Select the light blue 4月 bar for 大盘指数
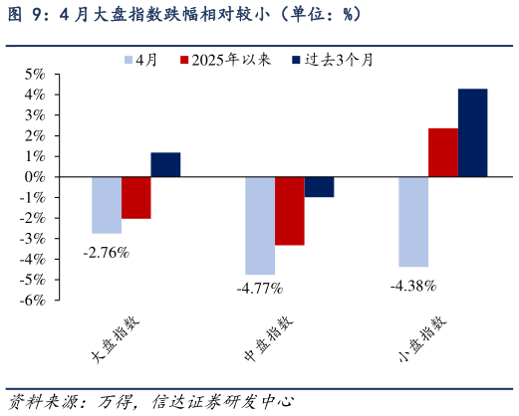(x=106, y=204)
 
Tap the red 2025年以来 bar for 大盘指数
(x=135, y=197)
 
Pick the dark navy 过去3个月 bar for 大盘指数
(x=165, y=164)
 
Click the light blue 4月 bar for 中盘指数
(x=260, y=225)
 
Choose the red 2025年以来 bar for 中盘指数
(x=290, y=210)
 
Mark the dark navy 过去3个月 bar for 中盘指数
(x=319, y=186)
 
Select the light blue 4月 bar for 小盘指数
(x=413, y=221)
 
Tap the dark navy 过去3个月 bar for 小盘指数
(x=472, y=132)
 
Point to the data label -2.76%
(x=107, y=253)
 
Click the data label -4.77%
(x=260, y=289)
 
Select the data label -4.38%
(x=413, y=286)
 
